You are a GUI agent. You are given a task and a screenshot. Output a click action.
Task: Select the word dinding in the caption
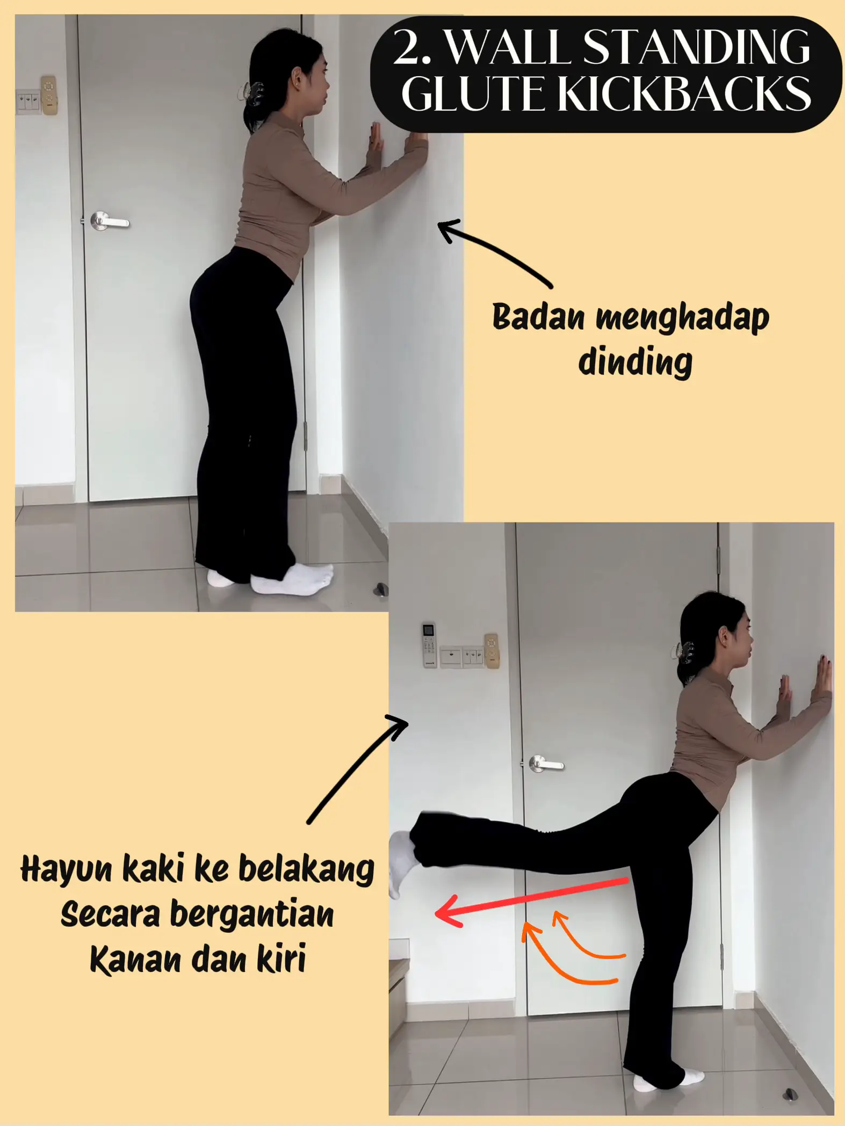click(x=635, y=362)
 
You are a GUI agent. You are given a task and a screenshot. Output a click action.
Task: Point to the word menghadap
click(x=682, y=318)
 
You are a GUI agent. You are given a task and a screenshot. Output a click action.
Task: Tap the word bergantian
click(x=252, y=915)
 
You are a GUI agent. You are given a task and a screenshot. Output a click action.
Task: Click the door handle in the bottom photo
click(x=545, y=763)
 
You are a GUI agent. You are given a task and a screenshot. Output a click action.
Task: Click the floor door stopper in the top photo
click(x=381, y=589)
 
